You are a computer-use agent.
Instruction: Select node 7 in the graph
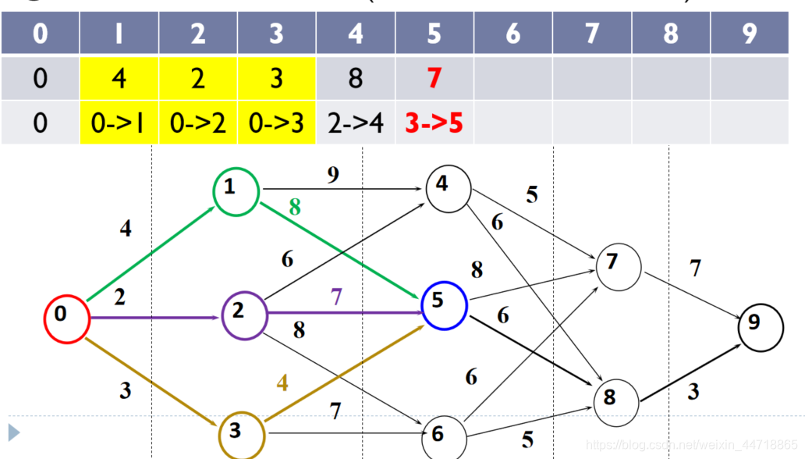coord(619,266)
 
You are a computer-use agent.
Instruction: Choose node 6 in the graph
coord(444,437)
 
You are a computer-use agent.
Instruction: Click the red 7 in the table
coord(434,79)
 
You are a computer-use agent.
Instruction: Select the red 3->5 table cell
coord(434,123)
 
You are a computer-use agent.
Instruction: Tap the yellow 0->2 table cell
coord(198,123)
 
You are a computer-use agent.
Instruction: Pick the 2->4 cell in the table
coord(355,123)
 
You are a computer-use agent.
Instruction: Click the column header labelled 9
coord(749,34)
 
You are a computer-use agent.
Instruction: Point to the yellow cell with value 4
coord(119,79)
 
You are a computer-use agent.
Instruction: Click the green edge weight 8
coord(295,208)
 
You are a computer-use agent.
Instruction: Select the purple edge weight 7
coord(336,297)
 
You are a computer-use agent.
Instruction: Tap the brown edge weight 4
coord(282,383)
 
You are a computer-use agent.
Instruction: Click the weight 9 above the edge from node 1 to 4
coord(333,176)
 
